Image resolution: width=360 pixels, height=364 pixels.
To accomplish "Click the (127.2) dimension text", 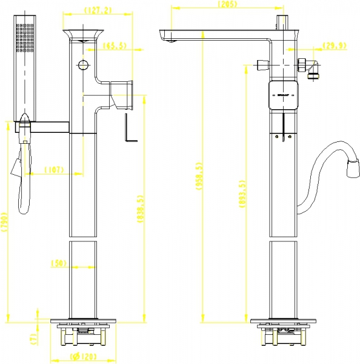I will click(99, 10).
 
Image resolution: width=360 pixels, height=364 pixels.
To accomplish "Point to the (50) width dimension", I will click(58, 263).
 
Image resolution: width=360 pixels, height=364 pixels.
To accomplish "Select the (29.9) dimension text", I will click(335, 45).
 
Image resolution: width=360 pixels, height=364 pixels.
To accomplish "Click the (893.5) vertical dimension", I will click(242, 195).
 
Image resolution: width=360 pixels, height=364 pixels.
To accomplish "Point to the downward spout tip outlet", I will click(166, 40).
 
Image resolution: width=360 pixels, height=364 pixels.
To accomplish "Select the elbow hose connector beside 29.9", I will click(313, 68).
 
